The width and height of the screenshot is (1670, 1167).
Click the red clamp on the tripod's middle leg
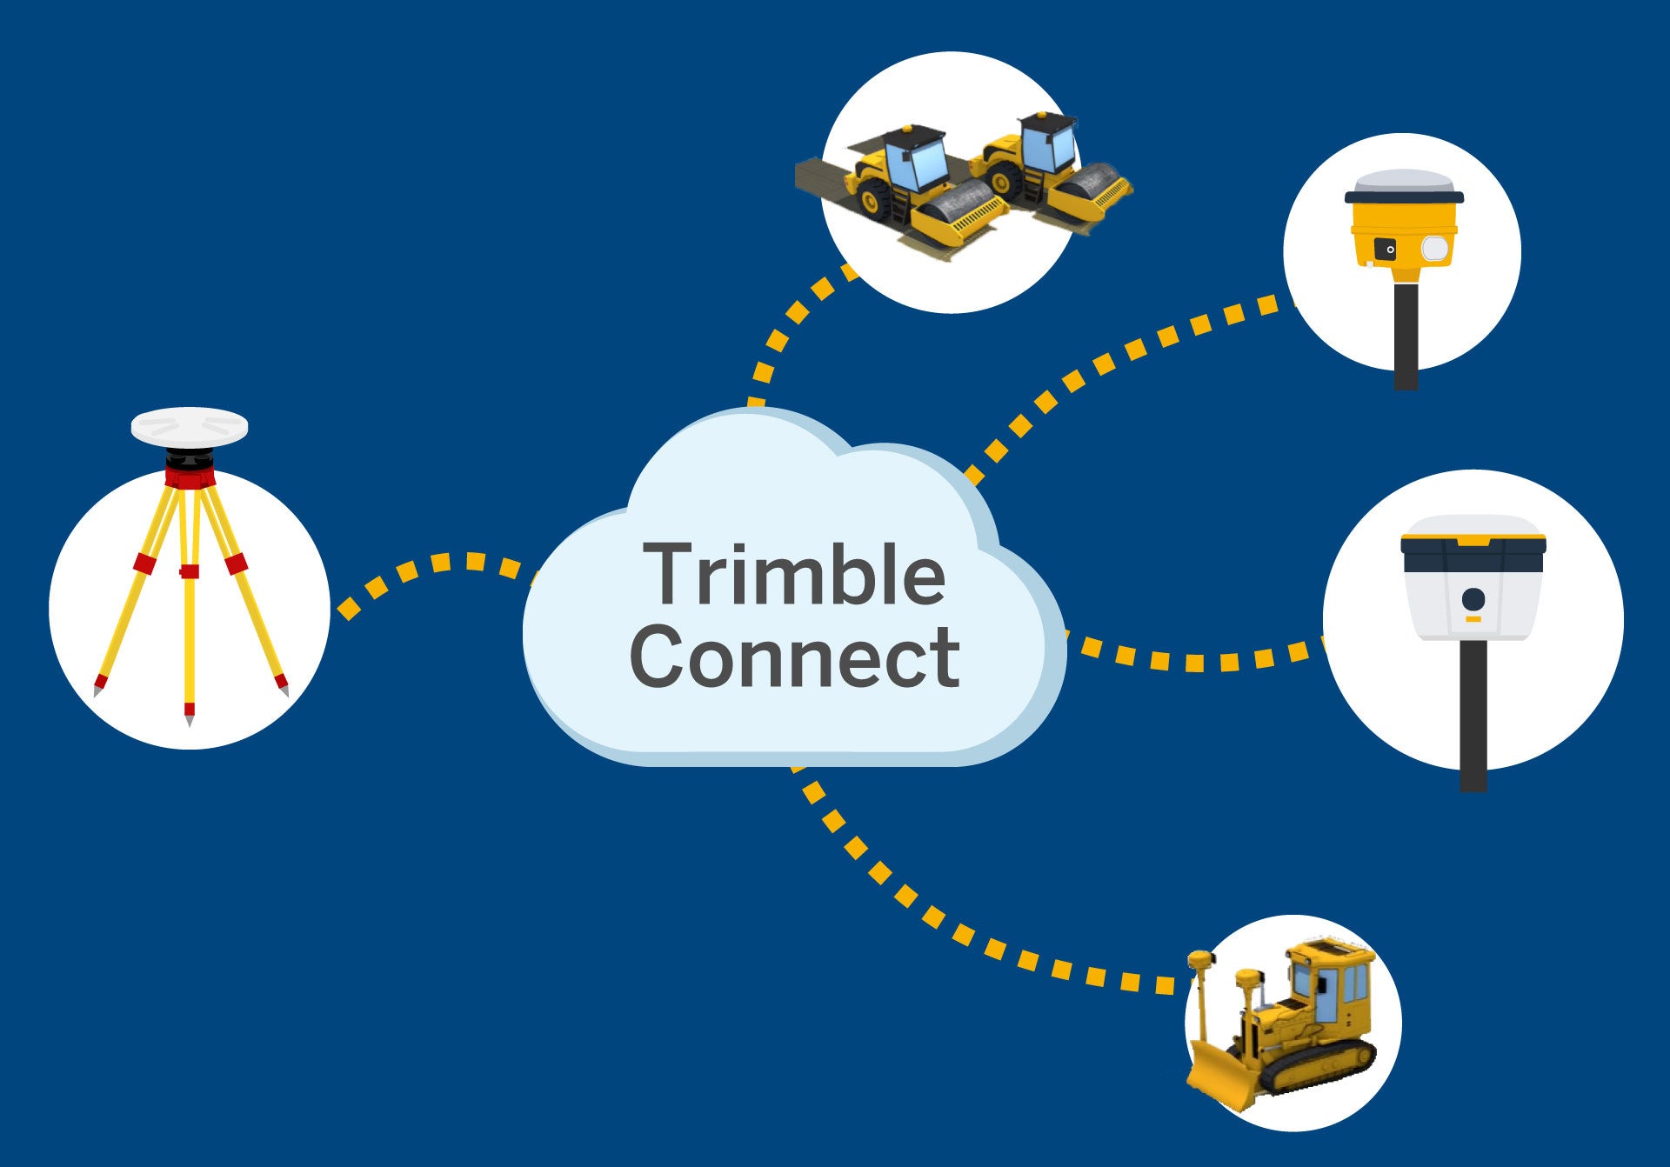tap(190, 571)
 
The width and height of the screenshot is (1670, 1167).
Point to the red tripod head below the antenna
tap(190, 476)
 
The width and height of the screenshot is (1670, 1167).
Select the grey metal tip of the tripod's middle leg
tap(190, 719)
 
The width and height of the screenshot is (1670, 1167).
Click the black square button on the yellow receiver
tap(1384, 250)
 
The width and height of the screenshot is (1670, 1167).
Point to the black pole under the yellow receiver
tap(1406, 335)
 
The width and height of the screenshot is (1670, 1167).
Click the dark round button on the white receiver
tap(1473, 599)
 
